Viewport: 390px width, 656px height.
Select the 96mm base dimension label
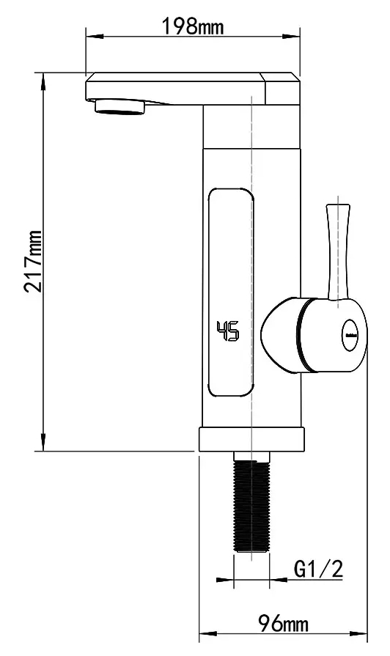(x=284, y=624)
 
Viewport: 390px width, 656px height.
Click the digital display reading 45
(x=227, y=332)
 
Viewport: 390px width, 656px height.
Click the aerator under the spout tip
(x=122, y=108)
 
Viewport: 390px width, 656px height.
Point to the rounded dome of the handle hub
(x=279, y=333)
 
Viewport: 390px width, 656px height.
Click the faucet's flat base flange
(x=251, y=440)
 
